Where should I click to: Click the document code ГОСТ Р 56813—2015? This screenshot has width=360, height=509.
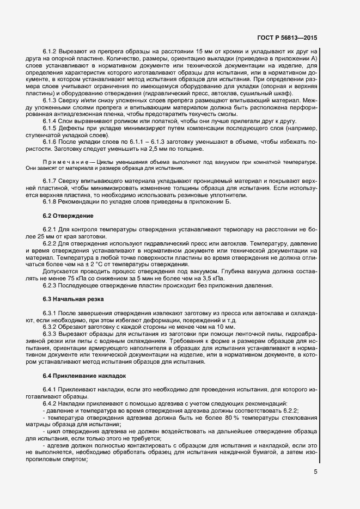(288, 38)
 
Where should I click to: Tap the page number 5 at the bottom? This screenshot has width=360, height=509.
(315, 472)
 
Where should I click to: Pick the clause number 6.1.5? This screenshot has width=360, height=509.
(50, 128)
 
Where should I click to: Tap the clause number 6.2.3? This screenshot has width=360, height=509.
(50, 286)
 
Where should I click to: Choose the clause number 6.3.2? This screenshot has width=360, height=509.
(50, 327)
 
